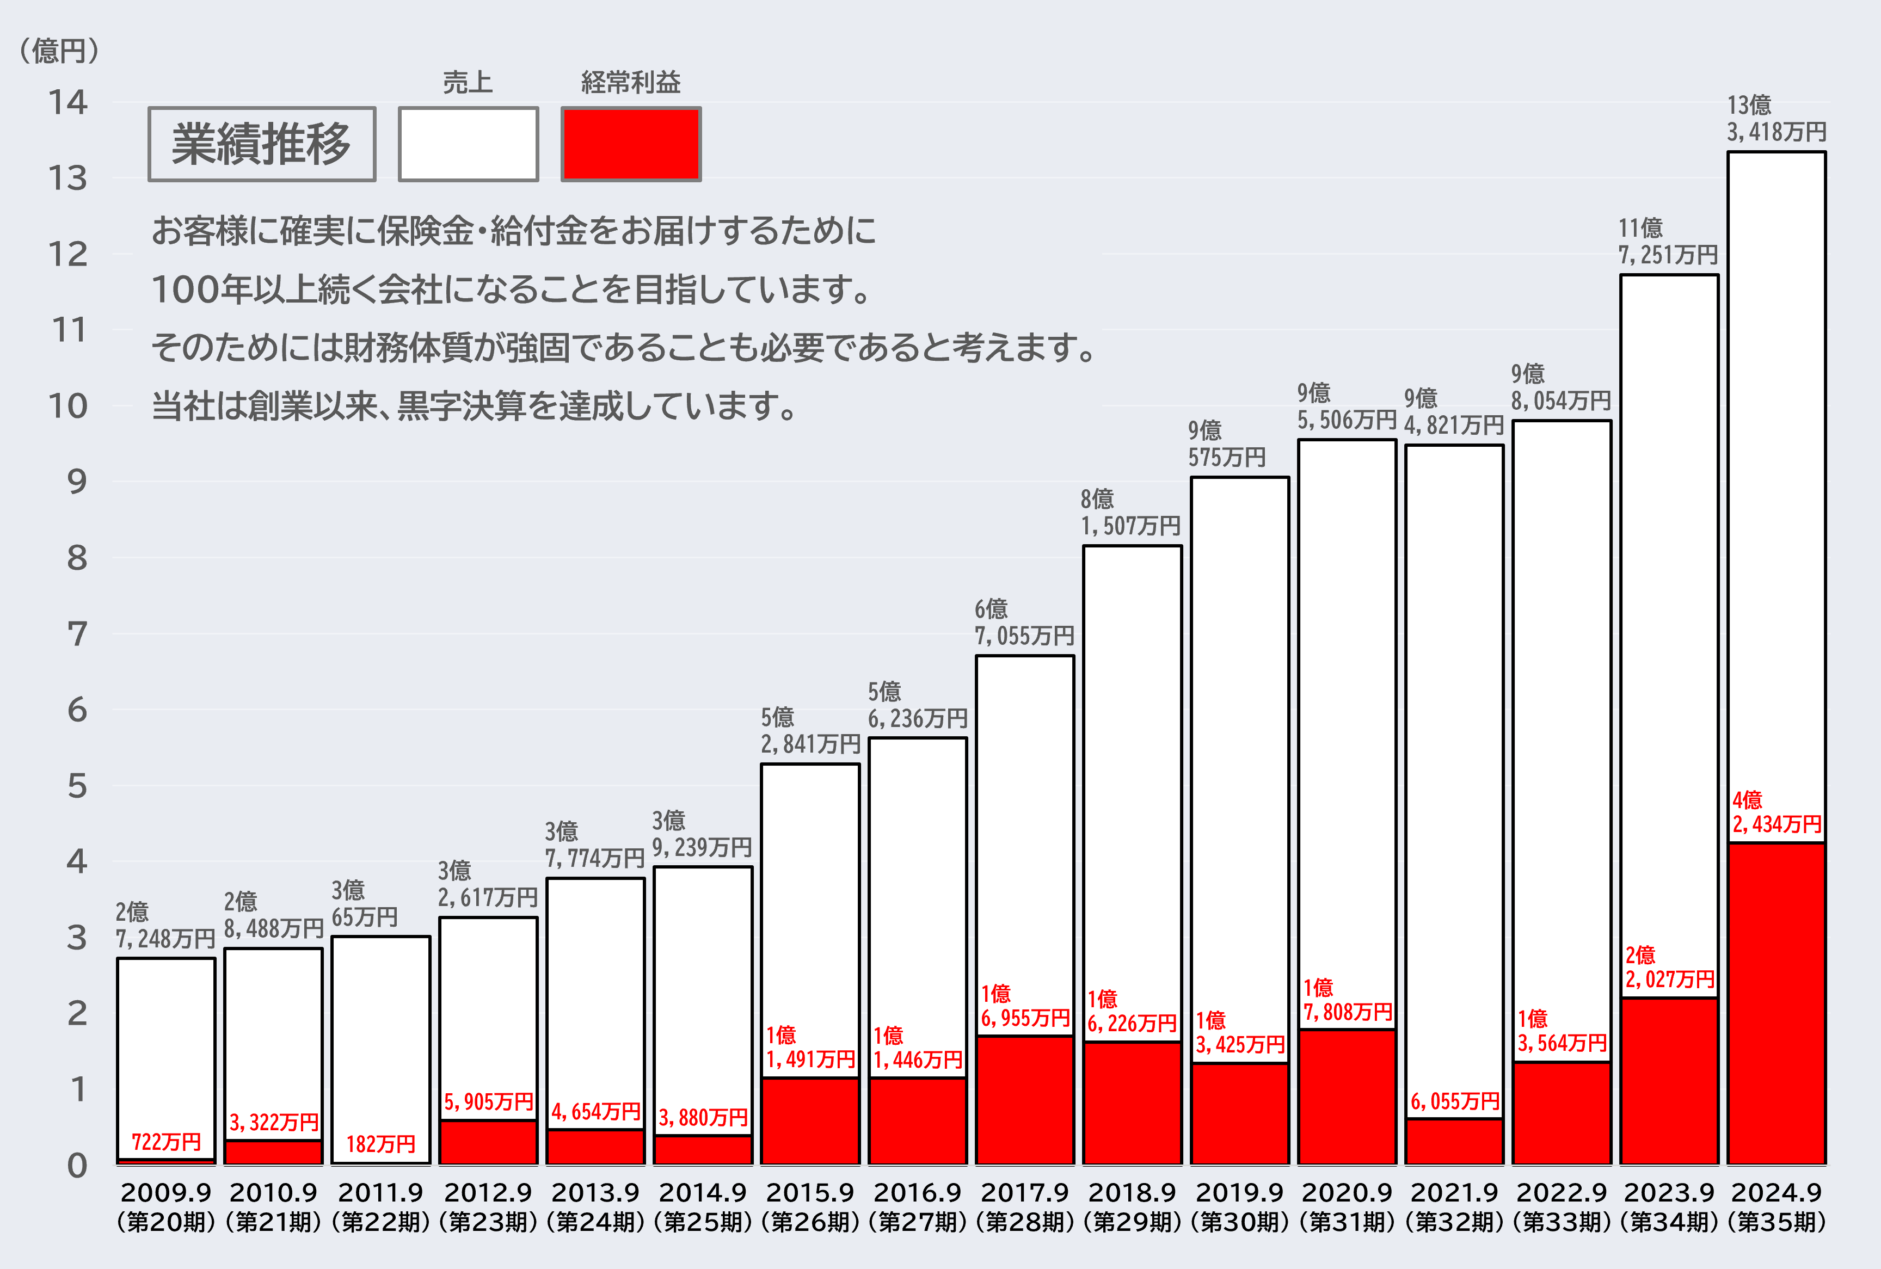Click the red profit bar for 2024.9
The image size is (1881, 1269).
tap(1776, 1003)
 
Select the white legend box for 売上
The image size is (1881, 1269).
tap(468, 144)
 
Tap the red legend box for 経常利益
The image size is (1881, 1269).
tap(630, 144)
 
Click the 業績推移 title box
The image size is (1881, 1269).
tap(261, 144)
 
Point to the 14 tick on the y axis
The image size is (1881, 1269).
tap(68, 103)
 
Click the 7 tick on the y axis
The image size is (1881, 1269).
tap(77, 634)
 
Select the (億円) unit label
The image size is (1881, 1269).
tap(59, 51)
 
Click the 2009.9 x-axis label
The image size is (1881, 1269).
tap(166, 1193)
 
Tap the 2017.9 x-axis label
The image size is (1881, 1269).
tap(1025, 1193)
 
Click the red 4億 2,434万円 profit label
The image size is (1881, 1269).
tap(1776, 812)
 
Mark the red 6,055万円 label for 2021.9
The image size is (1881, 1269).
tap(1454, 1101)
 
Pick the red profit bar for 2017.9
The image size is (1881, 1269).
tap(1025, 1101)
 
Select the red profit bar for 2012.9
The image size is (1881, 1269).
tap(488, 1143)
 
